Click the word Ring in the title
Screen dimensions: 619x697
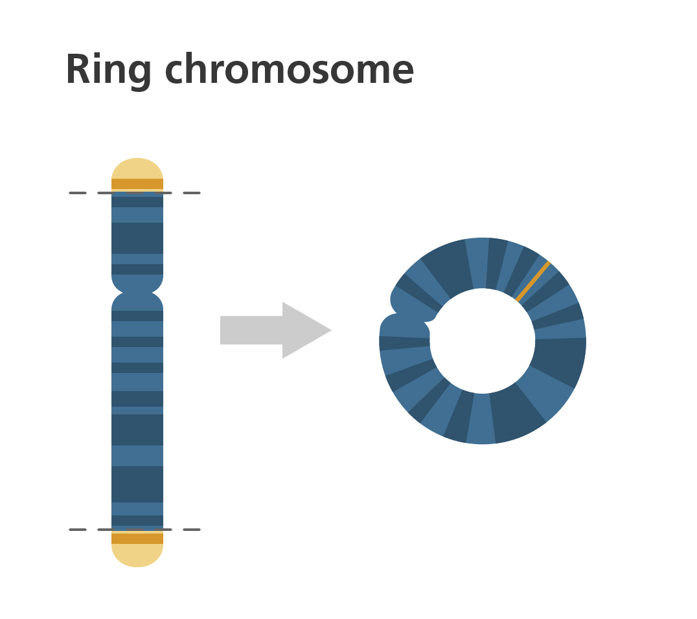pos(108,69)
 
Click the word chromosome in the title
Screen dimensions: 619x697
pos(289,69)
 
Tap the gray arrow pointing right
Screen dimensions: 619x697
pos(275,330)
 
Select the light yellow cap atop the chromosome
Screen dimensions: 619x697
pos(137,168)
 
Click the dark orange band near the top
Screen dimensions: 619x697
pos(137,184)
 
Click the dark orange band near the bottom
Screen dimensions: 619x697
pos(137,538)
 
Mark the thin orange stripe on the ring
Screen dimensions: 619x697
pos(532,281)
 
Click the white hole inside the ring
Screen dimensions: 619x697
pos(483,341)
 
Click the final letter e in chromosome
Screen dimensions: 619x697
pos(401,71)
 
